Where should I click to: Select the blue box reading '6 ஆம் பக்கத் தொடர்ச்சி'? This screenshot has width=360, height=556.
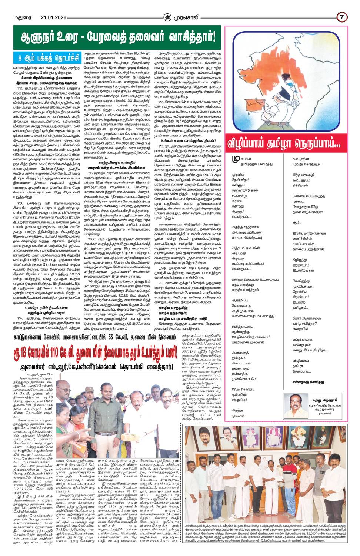[x=46, y=58]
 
